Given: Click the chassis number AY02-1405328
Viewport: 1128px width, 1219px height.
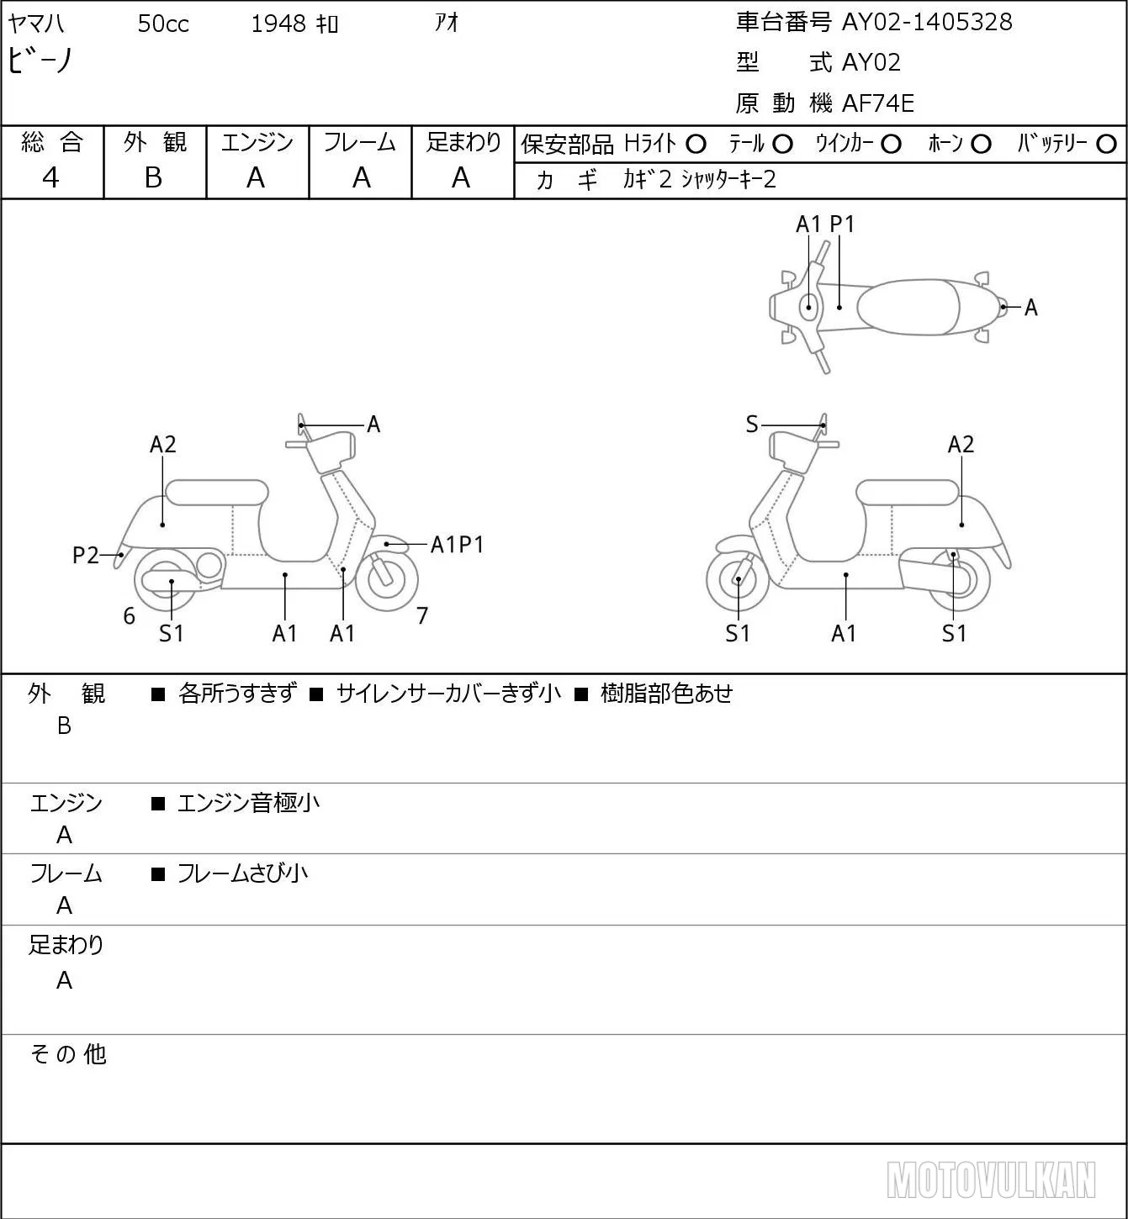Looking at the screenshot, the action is (x=926, y=22).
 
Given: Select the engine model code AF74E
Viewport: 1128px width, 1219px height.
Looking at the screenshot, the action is (x=878, y=103).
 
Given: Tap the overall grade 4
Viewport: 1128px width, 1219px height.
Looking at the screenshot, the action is (x=50, y=177).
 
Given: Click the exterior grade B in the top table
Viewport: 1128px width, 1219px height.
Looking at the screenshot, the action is (x=153, y=177).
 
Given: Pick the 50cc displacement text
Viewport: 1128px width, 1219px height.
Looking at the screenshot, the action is (x=163, y=24).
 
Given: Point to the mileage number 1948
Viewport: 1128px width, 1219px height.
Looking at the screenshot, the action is (x=278, y=24).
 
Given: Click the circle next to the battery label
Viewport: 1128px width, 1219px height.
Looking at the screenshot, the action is (x=1106, y=144).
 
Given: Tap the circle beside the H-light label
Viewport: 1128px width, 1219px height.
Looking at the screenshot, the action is (x=696, y=144).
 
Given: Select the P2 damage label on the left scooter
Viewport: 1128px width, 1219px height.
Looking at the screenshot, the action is (x=86, y=555).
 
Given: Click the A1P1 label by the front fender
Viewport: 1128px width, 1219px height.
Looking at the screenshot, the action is (x=457, y=545).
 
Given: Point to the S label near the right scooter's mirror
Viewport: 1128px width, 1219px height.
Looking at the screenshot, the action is (x=752, y=425).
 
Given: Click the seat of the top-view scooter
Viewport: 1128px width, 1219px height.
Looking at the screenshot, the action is (x=908, y=307).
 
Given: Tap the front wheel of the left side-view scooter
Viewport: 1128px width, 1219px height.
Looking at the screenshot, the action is (x=386, y=580).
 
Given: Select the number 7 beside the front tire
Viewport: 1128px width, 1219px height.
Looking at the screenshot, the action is (x=422, y=615).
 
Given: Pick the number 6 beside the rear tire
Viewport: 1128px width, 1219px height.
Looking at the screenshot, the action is (x=129, y=615).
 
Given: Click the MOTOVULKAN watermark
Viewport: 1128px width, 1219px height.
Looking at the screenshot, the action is (x=991, y=1180).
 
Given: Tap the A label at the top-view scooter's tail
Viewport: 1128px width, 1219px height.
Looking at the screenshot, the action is (x=1031, y=308).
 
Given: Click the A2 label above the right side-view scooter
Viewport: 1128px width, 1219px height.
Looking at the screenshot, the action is (x=961, y=444).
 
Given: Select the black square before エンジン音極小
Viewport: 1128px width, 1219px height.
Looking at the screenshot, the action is (x=158, y=804).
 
